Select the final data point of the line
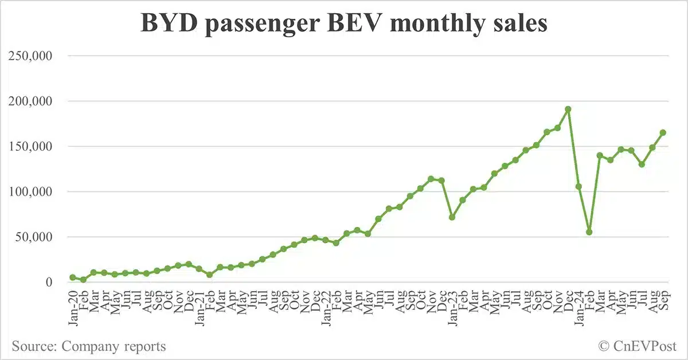pyautogui.click(x=663, y=132)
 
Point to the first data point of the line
pyautogui.click(x=73, y=277)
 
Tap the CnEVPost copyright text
pyautogui.click(x=638, y=346)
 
